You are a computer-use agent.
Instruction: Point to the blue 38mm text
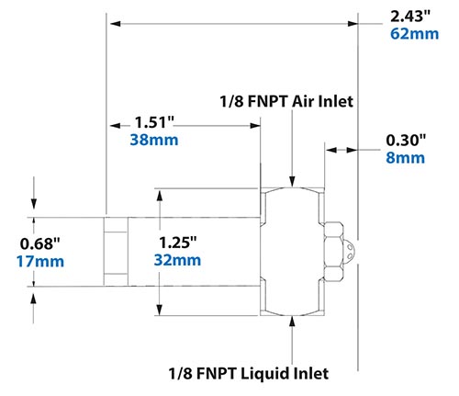(153, 141)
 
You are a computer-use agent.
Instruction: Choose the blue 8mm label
(405, 158)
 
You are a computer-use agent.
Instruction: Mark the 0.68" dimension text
(41, 243)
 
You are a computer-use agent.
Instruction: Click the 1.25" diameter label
(179, 242)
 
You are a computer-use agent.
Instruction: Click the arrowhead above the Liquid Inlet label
(291, 321)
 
